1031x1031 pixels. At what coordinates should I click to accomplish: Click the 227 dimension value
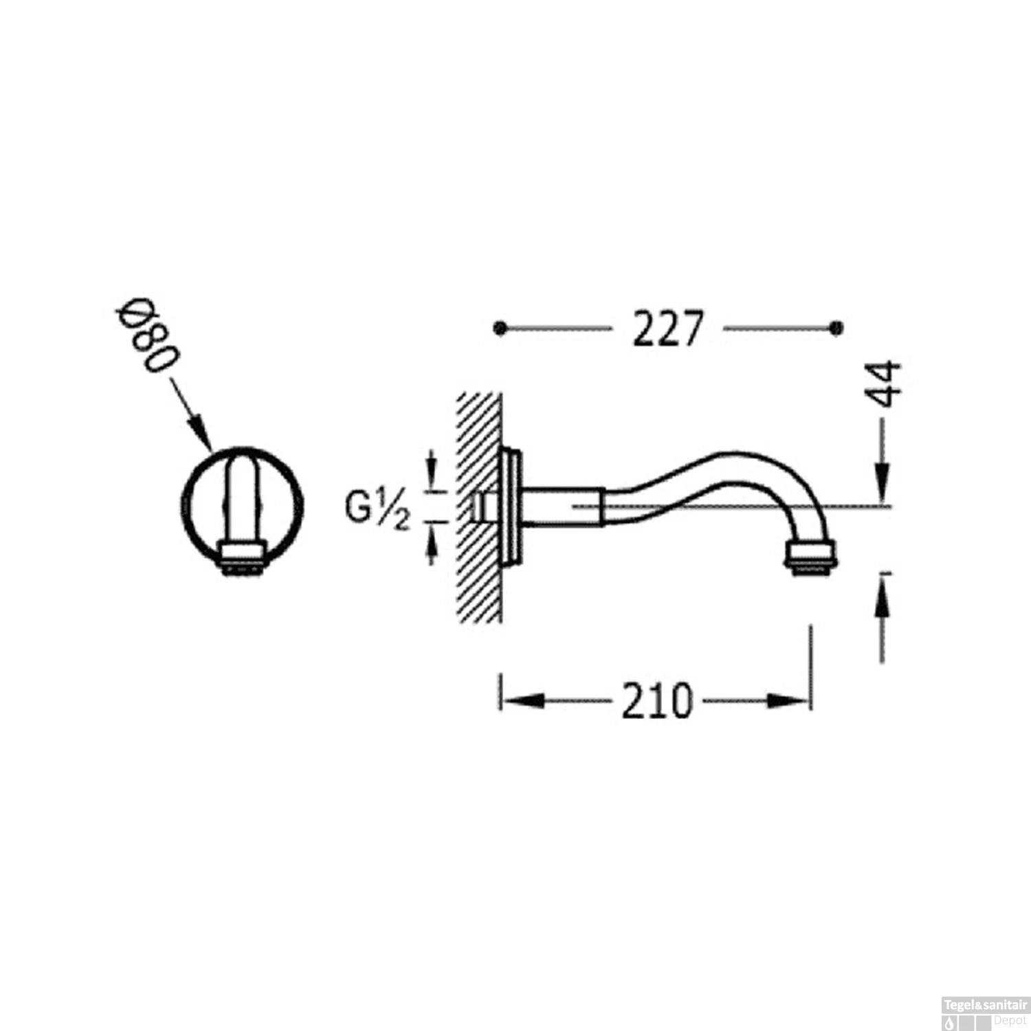[x=667, y=329]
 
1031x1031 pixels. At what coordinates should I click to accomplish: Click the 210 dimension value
[x=657, y=701]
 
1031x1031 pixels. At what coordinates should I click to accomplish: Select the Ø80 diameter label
[x=148, y=335]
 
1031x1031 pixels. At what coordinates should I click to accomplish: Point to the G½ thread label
[x=377, y=509]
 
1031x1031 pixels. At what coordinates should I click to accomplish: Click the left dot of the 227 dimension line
[x=500, y=329]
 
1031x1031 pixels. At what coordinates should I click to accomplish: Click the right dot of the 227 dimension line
[x=836, y=329]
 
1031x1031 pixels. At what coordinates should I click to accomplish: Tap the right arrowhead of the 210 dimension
[x=790, y=701]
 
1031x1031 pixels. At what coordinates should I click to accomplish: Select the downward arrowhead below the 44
[x=883, y=481]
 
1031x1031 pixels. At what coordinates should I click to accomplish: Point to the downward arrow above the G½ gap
[x=432, y=474]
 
